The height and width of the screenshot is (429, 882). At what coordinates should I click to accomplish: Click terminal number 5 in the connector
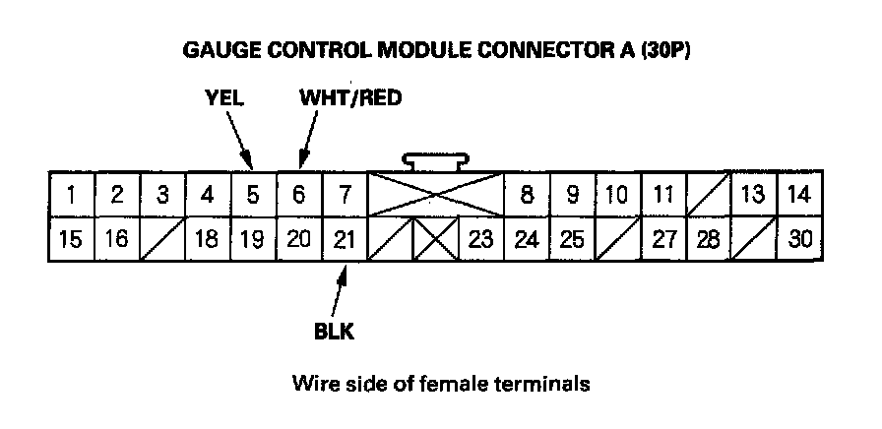pyautogui.click(x=253, y=195)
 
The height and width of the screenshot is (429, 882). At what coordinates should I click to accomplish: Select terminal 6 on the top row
pyautogui.click(x=298, y=195)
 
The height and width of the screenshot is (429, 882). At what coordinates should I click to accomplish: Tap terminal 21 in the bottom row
pyautogui.click(x=345, y=239)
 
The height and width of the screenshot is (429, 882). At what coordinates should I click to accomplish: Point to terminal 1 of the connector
pyautogui.click(x=72, y=195)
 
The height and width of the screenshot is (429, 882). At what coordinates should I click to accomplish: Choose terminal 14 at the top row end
pyautogui.click(x=799, y=195)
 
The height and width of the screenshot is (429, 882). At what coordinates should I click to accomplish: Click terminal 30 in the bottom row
pyautogui.click(x=799, y=239)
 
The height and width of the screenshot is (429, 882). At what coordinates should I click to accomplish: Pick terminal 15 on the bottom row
pyautogui.click(x=72, y=239)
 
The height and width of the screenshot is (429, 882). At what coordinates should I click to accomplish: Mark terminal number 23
pyautogui.click(x=481, y=239)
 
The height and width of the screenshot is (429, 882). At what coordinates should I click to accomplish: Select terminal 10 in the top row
pyautogui.click(x=617, y=195)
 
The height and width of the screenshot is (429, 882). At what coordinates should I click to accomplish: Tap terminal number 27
pyautogui.click(x=663, y=239)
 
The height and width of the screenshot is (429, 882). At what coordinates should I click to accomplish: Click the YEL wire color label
pyautogui.click(x=223, y=97)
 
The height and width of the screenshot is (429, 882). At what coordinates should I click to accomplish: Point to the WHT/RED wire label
pyautogui.click(x=350, y=97)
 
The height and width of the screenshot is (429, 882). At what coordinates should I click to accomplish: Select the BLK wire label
pyautogui.click(x=334, y=332)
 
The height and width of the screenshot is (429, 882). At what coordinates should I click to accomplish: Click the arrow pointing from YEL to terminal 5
pyautogui.click(x=239, y=140)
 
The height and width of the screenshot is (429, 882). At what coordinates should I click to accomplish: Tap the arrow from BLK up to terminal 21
pyautogui.click(x=339, y=292)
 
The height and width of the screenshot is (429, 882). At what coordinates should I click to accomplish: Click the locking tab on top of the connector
pyautogui.click(x=435, y=161)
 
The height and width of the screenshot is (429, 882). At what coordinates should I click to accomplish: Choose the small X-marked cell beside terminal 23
pyautogui.click(x=435, y=239)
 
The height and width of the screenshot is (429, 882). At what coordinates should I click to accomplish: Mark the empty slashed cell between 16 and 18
pyautogui.click(x=162, y=239)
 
